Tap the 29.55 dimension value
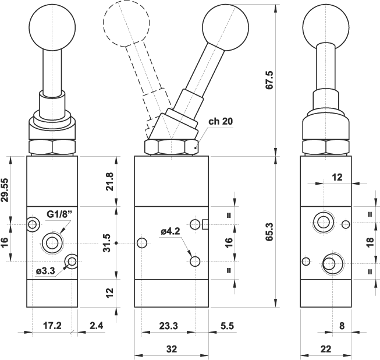tap(6, 189)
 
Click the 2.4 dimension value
tap(97, 326)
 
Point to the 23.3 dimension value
tap(168, 326)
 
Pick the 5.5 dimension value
tap(227, 326)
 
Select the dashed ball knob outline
tap(126, 23)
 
